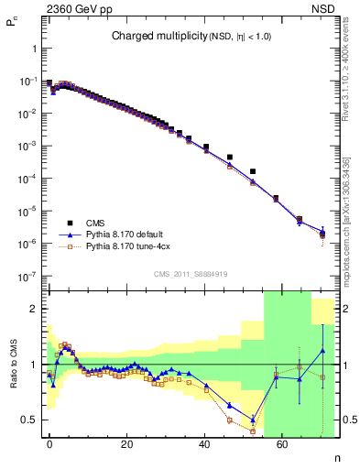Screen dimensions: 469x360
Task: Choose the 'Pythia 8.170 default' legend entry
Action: click(127, 234)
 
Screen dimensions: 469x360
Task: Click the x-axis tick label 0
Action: click(49, 442)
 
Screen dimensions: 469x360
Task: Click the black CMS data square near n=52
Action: click(253, 171)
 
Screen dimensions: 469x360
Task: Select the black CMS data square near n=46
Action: click(229, 157)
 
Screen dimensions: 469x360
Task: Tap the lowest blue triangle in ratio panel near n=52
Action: click(253, 420)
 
